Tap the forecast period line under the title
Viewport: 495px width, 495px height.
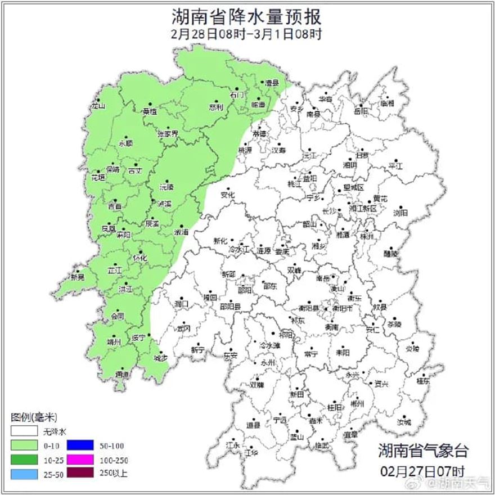pyautogui.click(x=247, y=34)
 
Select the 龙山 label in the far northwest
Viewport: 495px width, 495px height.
pyautogui.click(x=98, y=106)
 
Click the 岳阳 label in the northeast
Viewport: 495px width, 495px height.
pyautogui.click(x=361, y=111)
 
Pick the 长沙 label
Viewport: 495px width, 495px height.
pyautogui.click(x=328, y=211)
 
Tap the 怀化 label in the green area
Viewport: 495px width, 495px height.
pyautogui.click(x=139, y=258)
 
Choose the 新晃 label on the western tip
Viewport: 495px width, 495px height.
pyautogui.click(x=78, y=277)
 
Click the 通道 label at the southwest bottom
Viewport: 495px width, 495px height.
pyautogui.click(x=121, y=375)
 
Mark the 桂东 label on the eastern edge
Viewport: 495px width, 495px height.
pyautogui.click(x=422, y=381)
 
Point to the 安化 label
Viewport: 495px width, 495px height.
pyautogui.click(x=228, y=195)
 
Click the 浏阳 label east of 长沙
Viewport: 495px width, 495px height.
pyautogui.click(x=400, y=213)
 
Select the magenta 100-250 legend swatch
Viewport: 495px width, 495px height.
pyautogui.click(x=80, y=460)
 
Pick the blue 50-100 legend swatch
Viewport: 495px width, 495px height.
pyautogui.click(x=80, y=445)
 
